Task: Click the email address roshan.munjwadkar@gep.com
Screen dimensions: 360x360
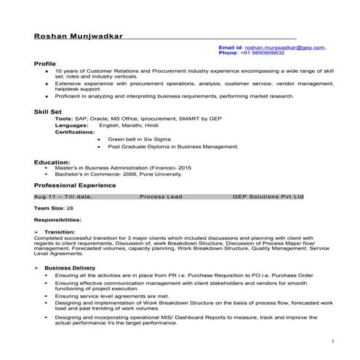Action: click(x=285, y=47)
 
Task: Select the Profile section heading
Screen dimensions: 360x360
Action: click(x=45, y=64)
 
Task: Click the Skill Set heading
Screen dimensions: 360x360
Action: click(x=48, y=111)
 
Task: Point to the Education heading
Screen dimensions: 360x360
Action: click(x=52, y=161)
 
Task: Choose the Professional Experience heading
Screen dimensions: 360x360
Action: click(x=75, y=185)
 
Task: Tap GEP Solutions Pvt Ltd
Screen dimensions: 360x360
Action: click(x=268, y=196)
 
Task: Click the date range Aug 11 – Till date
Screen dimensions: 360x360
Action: click(x=63, y=196)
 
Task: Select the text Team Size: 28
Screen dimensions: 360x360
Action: click(x=53, y=208)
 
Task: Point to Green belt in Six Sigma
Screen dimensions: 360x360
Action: click(x=138, y=137)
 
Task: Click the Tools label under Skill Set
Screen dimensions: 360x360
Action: click(x=63, y=118)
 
